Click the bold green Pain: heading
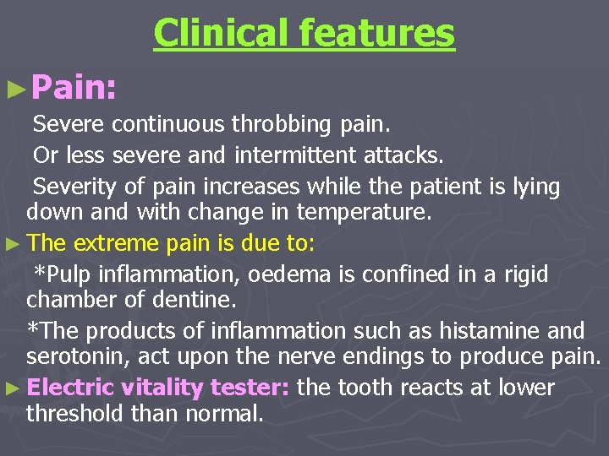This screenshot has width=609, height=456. (77, 87)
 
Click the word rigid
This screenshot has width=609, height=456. (526, 274)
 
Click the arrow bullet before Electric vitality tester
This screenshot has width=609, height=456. (14, 389)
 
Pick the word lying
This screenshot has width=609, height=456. (537, 187)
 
